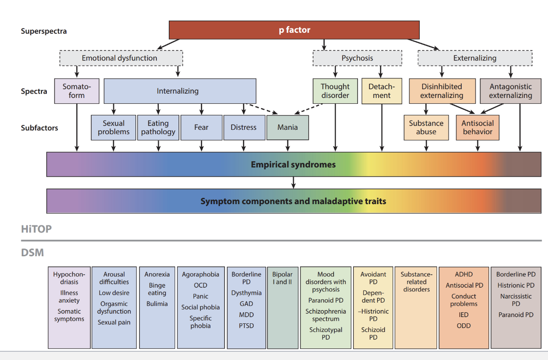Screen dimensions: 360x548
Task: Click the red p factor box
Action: click(294, 30)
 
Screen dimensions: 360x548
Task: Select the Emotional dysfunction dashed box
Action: click(119, 58)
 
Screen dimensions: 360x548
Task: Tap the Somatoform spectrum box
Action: click(77, 91)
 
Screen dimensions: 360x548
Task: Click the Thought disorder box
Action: click(335, 91)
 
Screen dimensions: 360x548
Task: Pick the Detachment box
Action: click(382, 91)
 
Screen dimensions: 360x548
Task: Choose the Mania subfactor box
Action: click(288, 127)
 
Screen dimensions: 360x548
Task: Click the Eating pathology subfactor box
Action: click(158, 127)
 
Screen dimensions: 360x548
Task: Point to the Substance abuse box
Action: click(426, 127)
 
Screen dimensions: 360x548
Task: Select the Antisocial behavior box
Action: click(477, 127)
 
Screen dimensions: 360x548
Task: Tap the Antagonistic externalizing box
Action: click(510, 91)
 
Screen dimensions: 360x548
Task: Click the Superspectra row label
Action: click(44, 31)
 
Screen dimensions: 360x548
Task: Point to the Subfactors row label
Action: click(40, 128)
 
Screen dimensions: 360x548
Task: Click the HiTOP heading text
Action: click(36, 229)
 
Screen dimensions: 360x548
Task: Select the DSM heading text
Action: click(32, 252)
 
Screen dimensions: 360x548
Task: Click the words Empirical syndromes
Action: click(293, 165)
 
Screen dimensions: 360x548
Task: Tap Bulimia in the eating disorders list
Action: click(157, 304)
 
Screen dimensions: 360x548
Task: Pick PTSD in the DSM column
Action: click(246, 326)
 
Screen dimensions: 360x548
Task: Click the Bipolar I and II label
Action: click(282, 278)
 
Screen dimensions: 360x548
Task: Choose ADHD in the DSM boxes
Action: click(464, 274)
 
